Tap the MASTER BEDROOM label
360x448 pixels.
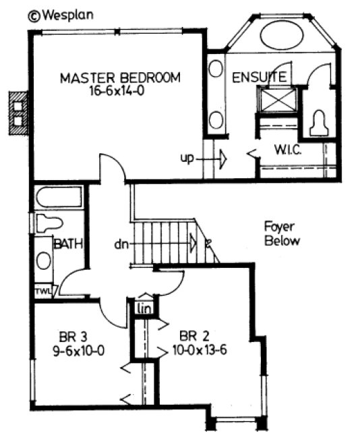tap(120, 78)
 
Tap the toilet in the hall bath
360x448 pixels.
tap(49, 223)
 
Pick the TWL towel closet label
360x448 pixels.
tap(42, 291)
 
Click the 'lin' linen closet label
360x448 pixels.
tap(143, 308)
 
